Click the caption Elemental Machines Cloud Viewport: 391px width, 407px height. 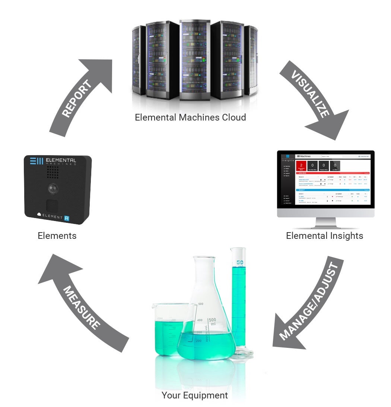click(190, 118)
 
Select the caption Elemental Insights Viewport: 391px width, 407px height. click(324, 235)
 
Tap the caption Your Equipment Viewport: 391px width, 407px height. click(194, 395)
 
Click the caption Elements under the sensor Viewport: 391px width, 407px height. click(57, 235)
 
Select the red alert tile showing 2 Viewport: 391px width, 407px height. click(301, 165)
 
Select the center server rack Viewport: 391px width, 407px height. click(195, 60)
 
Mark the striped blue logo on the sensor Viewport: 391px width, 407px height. click(36, 161)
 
